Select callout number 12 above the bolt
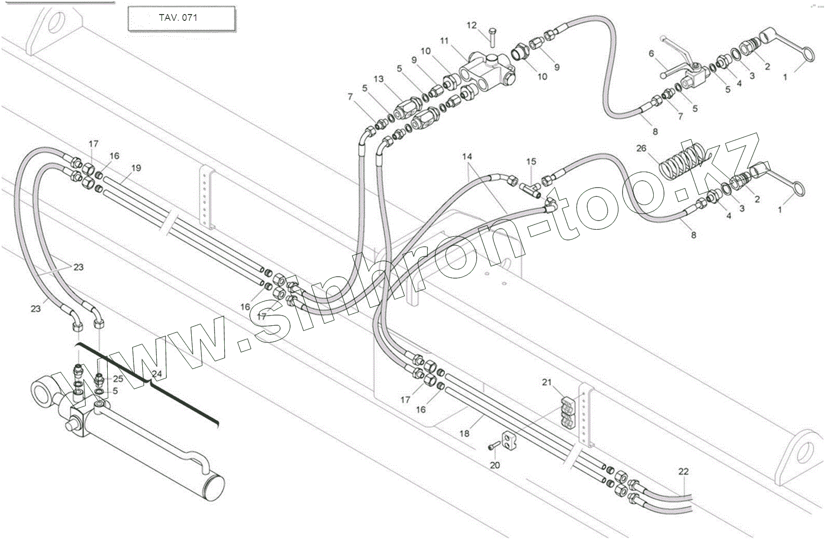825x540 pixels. pyautogui.click(x=472, y=25)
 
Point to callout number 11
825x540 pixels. pyautogui.click(x=445, y=41)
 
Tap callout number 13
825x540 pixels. pyautogui.click(x=379, y=79)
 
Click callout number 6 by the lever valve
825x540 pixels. pyautogui.click(x=651, y=54)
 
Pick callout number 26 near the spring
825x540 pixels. pyautogui.click(x=641, y=148)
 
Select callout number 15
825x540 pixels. pyautogui.click(x=531, y=161)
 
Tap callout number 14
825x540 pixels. pyautogui.click(x=467, y=157)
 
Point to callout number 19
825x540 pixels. pyautogui.click(x=136, y=168)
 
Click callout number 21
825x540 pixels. pyautogui.click(x=547, y=382)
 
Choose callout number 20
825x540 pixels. pyautogui.click(x=495, y=465)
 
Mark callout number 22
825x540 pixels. pyautogui.click(x=683, y=471)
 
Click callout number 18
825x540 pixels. pyautogui.click(x=464, y=433)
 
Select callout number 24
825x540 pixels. pyautogui.click(x=157, y=374)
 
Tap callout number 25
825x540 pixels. pyautogui.click(x=118, y=379)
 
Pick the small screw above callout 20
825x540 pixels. pyautogui.click(x=494, y=445)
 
